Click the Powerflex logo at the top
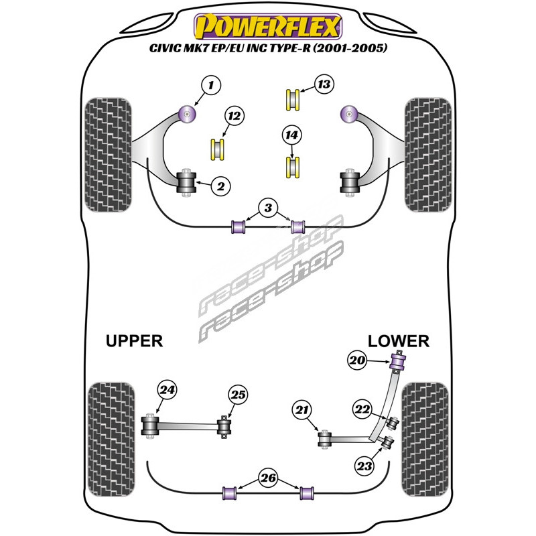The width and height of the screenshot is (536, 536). [267, 26]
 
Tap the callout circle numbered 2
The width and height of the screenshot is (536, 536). [220, 186]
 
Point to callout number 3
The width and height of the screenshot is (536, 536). [269, 209]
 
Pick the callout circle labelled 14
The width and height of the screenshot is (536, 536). [291, 135]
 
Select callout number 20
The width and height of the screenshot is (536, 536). [358, 361]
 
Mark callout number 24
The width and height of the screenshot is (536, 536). [166, 390]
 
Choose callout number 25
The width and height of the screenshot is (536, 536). [238, 395]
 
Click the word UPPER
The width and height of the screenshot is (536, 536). [134, 341]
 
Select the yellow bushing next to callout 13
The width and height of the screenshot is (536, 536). [293, 99]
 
